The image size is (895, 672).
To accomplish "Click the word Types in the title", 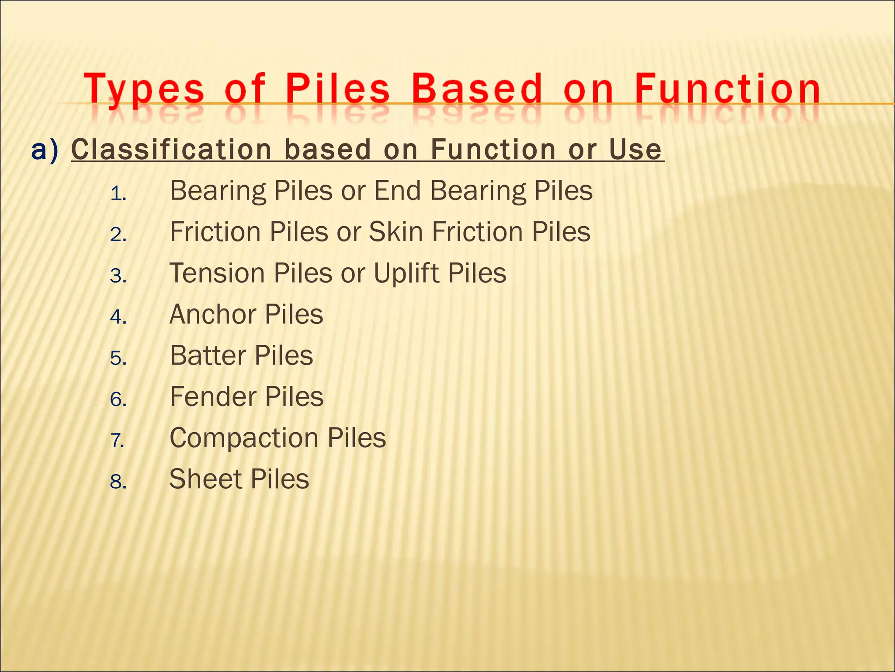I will [144, 90].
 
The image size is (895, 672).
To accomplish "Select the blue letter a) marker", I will [45, 150].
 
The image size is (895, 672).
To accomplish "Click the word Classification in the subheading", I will [172, 150].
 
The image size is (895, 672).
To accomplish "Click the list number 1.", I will [118, 193].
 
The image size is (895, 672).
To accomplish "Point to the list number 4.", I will [118, 317].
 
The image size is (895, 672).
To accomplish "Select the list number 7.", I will [118, 440].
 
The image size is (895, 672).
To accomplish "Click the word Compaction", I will [244, 438].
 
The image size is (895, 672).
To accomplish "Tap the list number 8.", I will [118, 482].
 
